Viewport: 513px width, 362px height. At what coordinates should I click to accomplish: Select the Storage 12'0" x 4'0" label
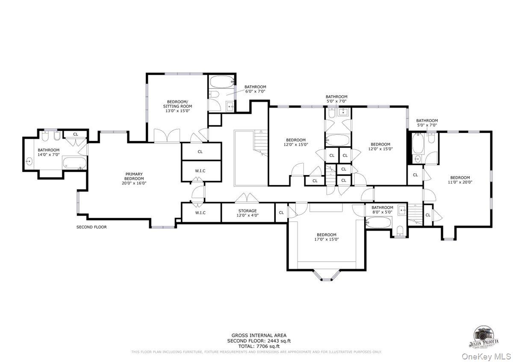click(248, 213)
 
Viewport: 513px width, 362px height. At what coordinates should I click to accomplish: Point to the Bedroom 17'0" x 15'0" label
click(326, 237)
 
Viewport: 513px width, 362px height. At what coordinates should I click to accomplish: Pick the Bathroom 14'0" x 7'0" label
click(48, 152)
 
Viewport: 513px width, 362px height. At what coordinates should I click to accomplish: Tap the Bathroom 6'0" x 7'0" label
click(255, 89)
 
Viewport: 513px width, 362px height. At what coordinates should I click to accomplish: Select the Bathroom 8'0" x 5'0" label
click(382, 210)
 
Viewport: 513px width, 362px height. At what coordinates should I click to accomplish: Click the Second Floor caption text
click(91, 227)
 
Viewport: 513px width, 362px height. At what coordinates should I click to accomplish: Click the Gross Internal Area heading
click(259, 336)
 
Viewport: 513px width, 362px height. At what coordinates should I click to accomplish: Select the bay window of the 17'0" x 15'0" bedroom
click(327, 276)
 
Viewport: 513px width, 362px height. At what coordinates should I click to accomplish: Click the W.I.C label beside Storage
click(200, 213)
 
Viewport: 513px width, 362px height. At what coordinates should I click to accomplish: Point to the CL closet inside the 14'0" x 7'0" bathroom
click(76, 134)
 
